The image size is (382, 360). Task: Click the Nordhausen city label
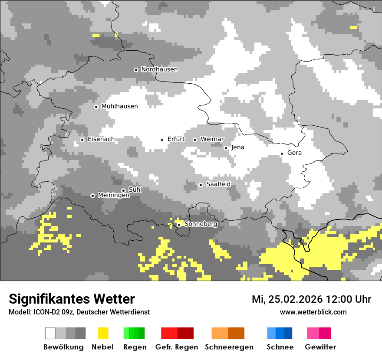pyautogui.click(x=159, y=69)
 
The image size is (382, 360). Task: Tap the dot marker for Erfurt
pyautogui.click(x=162, y=140)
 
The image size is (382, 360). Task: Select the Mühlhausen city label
pyautogui.click(x=119, y=106)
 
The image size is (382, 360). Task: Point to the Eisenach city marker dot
pyautogui.click(x=82, y=140)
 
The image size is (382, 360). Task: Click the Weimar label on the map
pyautogui.click(x=212, y=139)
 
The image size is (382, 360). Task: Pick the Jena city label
pyautogui.click(x=237, y=147)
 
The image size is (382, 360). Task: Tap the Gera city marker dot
pyautogui.click(x=282, y=154)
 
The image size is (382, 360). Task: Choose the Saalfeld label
pyautogui.click(x=218, y=184)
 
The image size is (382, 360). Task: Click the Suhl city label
pyautogui.click(x=135, y=190)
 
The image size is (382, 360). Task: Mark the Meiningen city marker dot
pyautogui.click(x=92, y=196)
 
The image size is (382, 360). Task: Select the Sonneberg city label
pyautogui.click(x=201, y=224)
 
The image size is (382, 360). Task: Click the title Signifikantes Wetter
pyautogui.click(x=72, y=299)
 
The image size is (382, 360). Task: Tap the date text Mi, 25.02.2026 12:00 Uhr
pyautogui.click(x=311, y=299)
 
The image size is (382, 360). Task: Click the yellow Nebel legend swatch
pyautogui.click(x=103, y=333)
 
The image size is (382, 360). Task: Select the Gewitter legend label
pyautogui.click(x=320, y=347)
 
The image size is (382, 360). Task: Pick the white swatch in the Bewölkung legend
pyautogui.click(x=50, y=333)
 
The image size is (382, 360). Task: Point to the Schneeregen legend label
pyautogui.click(x=229, y=347)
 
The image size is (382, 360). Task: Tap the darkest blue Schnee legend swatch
pyautogui.click(x=288, y=333)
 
